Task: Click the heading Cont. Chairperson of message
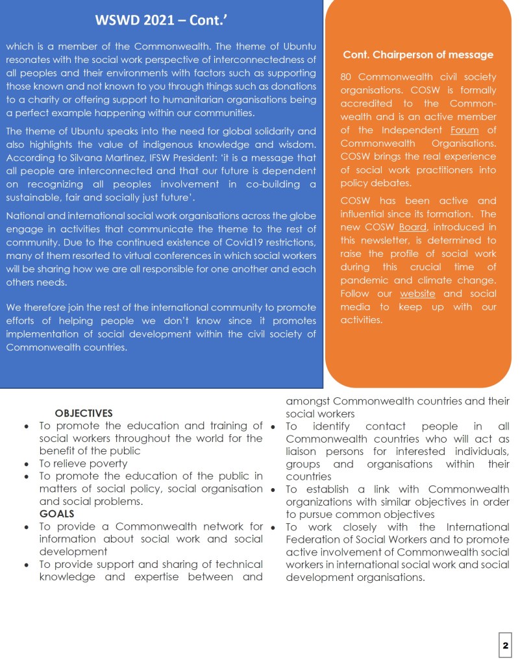click(x=418, y=55)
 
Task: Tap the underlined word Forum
click(x=464, y=130)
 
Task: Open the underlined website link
click(x=417, y=293)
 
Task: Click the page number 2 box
click(x=505, y=646)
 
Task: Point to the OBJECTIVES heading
click(x=84, y=413)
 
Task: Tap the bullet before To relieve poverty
click(x=25, y=464)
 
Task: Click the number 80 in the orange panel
click(x=347, y=77)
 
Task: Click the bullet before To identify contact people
click(x=274, y=426)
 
